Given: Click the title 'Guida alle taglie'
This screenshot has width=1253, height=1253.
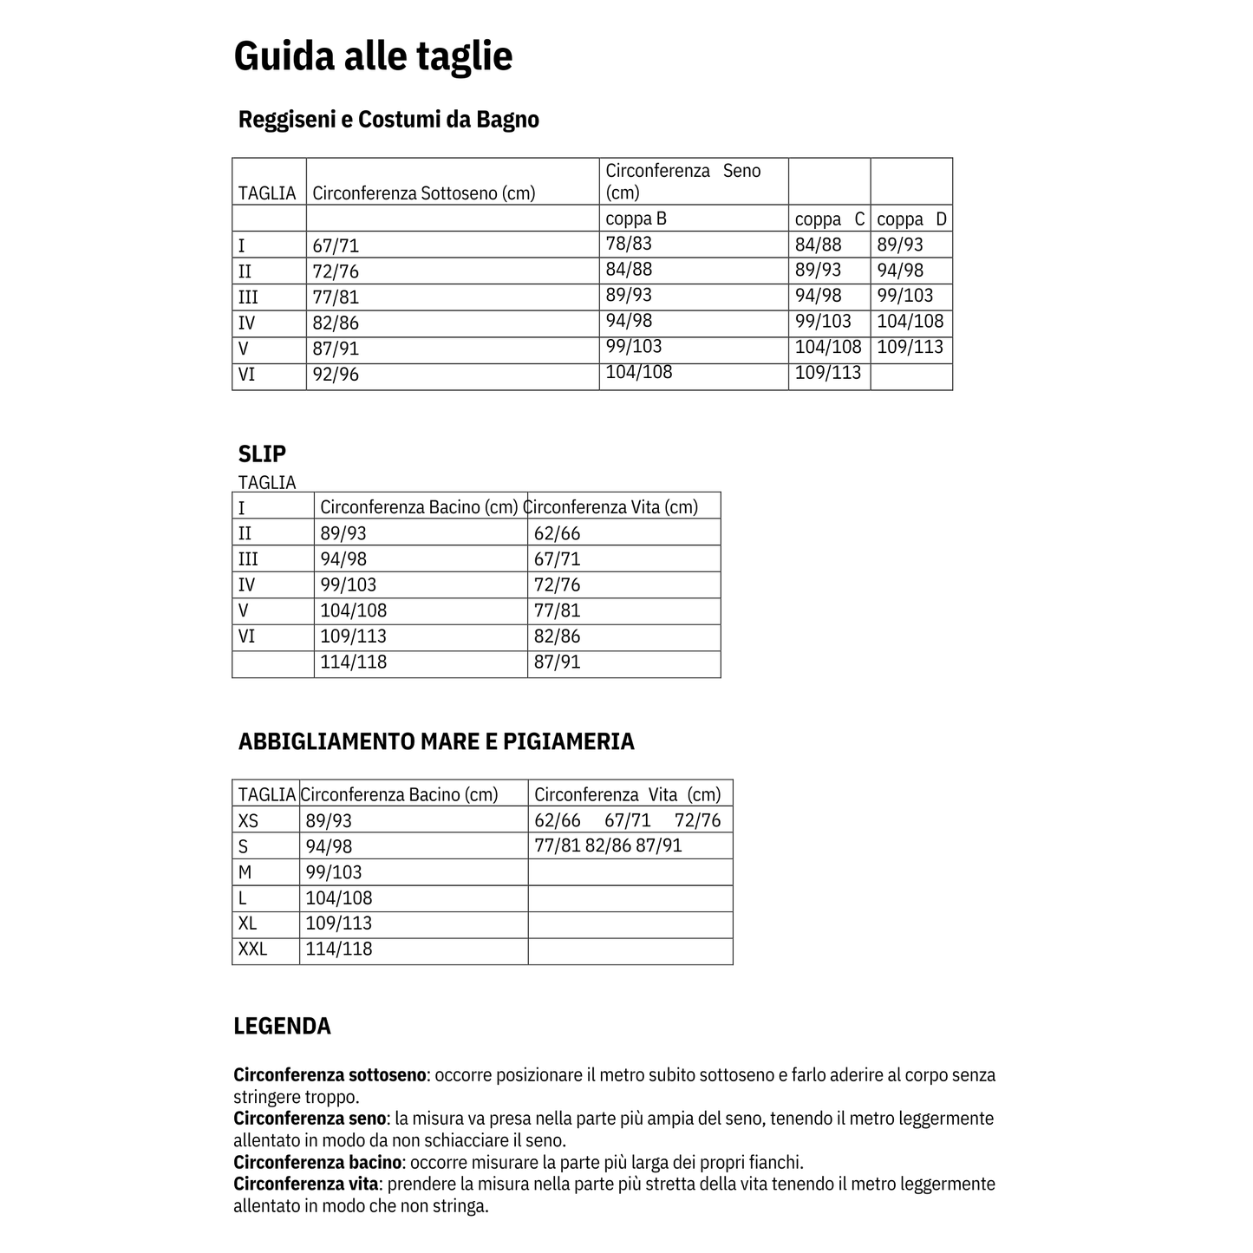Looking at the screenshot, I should (373, 56).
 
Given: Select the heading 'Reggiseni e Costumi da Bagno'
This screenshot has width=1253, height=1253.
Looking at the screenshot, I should (388, 120).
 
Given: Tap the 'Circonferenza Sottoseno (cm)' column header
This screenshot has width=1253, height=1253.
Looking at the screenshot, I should (423, 193).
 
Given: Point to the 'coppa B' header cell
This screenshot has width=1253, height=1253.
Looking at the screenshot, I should (636, 219).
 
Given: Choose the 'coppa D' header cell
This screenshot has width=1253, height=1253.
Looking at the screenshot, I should (911, 219).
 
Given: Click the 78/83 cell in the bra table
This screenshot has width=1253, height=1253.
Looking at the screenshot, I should (629, 244).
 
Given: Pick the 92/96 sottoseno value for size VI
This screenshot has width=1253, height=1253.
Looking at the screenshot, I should (336, 375).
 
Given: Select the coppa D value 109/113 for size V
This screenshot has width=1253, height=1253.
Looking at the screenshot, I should (910, 348).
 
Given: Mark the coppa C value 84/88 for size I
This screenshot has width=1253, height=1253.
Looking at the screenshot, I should (818, 245).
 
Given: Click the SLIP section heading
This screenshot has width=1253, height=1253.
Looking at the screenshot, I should (262, 454).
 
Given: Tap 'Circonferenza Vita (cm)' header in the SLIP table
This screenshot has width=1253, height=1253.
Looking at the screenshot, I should (612, 506).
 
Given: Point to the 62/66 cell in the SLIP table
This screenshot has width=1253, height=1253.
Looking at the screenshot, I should (557, 533).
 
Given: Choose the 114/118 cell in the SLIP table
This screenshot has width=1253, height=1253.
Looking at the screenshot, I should (354, 662).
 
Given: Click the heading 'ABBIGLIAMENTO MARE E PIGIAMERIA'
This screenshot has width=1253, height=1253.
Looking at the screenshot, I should (436, 741).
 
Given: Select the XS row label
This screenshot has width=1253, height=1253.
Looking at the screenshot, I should (248, 820).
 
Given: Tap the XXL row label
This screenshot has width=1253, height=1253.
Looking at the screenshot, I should (252, 950).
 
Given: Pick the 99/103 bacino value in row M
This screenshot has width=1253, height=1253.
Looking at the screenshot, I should (334, 872).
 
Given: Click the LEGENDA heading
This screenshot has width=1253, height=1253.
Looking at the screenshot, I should (282, 1026).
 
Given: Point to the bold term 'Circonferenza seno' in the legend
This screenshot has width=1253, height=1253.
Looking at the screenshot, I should (309, 1119).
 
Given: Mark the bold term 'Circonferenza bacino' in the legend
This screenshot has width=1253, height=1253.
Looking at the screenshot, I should (317, 1162).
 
